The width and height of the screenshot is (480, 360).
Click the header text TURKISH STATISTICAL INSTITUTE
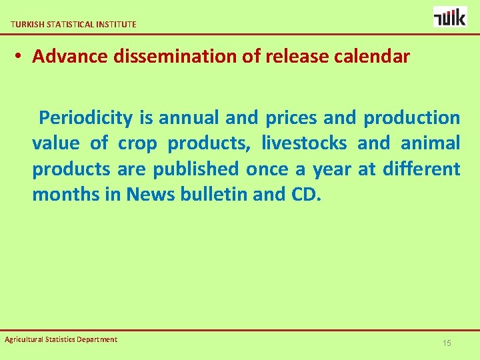point(73,24)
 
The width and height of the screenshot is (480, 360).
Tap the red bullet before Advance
point(19,57)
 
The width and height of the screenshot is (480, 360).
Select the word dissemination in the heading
point(174,57)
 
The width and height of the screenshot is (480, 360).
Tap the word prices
point(291,119)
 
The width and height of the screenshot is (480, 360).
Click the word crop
point(139,143)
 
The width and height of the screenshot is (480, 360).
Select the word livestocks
point(304,143)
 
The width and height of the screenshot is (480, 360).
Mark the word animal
point(430,143)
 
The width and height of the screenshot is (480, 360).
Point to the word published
point(195,169)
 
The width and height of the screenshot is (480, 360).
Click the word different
point(421,169)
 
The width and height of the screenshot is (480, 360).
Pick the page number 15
point(447,343)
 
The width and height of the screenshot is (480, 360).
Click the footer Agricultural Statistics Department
point(61,339)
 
